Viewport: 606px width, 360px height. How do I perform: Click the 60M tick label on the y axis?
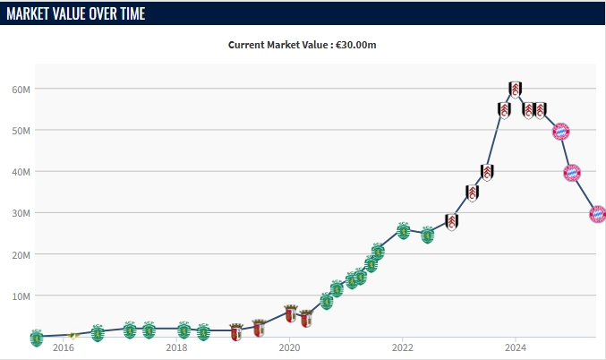click(x=21, y=90)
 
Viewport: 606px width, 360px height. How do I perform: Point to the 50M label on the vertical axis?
click(x=21, y=131)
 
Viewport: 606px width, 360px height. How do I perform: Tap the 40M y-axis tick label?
click(x=21, y=172)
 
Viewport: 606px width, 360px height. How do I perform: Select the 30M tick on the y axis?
click(x=21, y=213)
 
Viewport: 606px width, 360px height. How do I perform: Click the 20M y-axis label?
click(x=21, y=254)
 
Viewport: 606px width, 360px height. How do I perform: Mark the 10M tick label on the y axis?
click(x=21, y=296)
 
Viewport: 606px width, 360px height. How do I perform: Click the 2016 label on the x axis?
click(x=64, y=347)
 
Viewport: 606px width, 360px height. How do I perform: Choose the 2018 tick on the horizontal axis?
click(x=176, y=347)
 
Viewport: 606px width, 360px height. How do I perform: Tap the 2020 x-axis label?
click(x=289, y=347)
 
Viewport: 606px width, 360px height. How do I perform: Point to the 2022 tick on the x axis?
click(x=402, y=347)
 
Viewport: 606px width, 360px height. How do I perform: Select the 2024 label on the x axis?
click(x=515, y=347)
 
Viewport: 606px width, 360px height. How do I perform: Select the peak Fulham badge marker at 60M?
click(x=515, y=89)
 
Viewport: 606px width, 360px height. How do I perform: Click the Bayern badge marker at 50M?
click(x=561, y=132)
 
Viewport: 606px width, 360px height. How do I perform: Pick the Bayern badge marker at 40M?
click(x=572, y=173)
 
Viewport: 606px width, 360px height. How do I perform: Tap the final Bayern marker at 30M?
click(x=598, y=214)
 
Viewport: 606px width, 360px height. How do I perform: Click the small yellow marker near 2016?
click(x=74, y=336)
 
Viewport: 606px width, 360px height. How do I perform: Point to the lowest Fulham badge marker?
click(x=452, y=221)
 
